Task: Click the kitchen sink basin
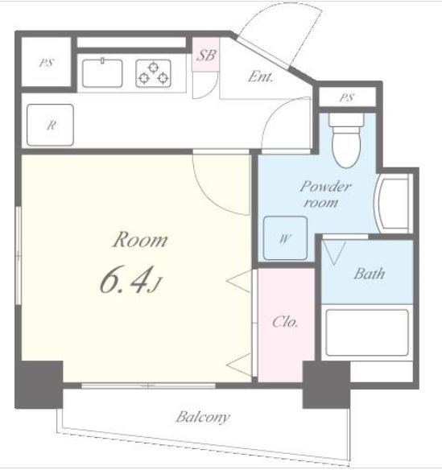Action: (102, 73)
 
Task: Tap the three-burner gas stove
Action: (153, 73)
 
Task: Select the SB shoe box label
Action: (206, 56)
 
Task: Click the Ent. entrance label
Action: (261, 76)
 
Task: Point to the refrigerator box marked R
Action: (50, 125)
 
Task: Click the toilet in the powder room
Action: (346, 140)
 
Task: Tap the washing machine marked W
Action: (285, 238)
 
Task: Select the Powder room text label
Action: (325, 194)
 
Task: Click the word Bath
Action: (369, 274)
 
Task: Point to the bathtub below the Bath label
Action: (367, 332)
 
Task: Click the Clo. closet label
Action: (285, 322)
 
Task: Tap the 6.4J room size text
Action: (130, 280)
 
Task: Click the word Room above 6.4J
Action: (140, 240)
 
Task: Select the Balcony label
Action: (203, 417)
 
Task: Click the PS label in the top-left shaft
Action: (47, 63)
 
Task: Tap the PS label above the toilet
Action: (347, 97)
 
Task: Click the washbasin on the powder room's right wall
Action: (393, 203)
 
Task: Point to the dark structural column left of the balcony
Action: (39, 385)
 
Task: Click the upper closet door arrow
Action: (239, 281)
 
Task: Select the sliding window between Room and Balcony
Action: (148, 385)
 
